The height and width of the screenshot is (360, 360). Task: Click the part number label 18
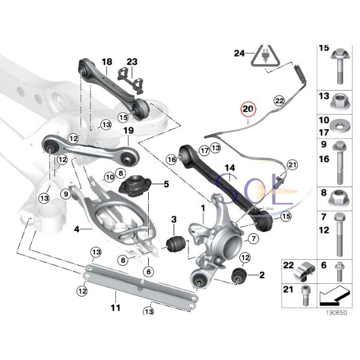click(x=107, y=62)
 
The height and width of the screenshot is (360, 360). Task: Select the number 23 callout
click(x=132, y=62)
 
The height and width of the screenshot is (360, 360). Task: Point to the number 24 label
click(x=240, y=53)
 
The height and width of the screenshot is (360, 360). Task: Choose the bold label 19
click(x=128, y=131)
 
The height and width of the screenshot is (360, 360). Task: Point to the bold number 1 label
click(x=203, y=208)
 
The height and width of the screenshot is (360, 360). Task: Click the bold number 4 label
click(x=77, y=229)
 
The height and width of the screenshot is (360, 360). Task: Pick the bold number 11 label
click(x=115, y=308)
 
